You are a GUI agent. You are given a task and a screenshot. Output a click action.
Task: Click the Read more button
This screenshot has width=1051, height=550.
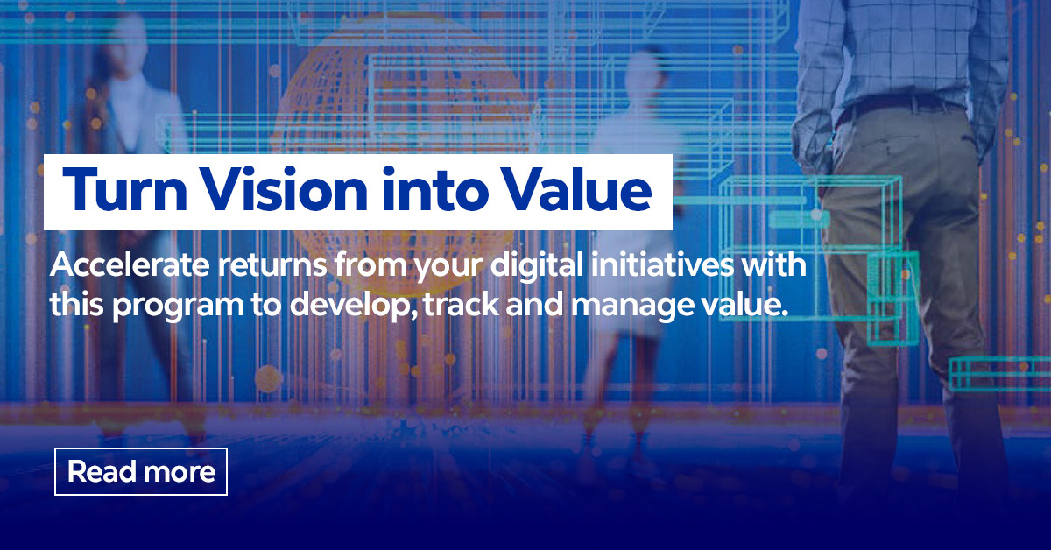point(141,472)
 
